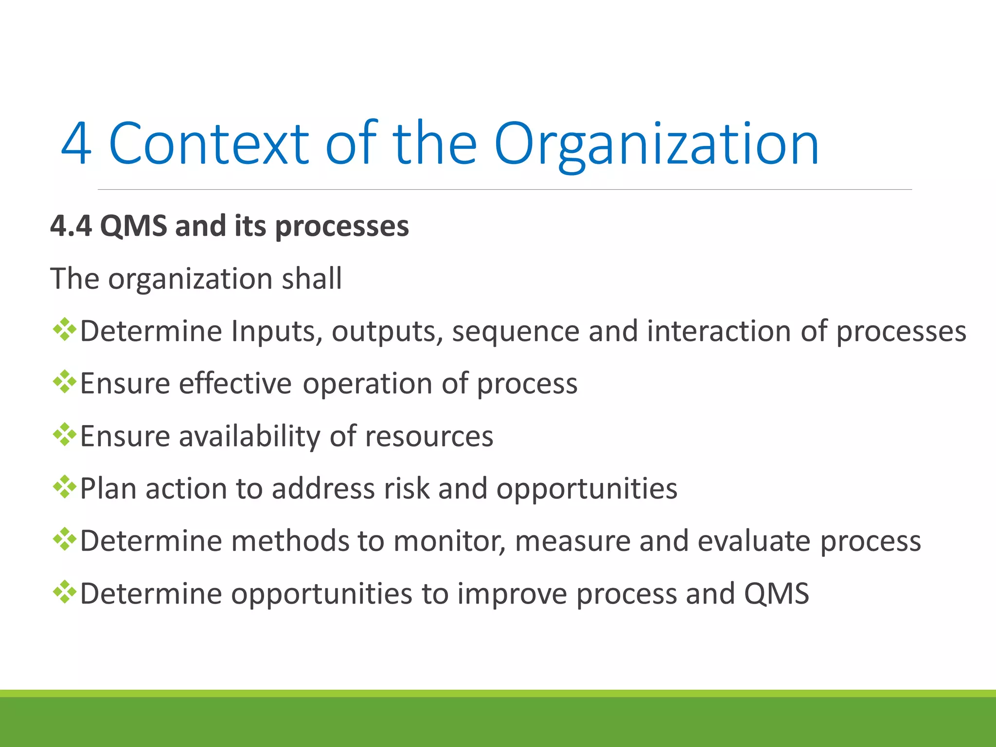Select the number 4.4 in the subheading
click(x=71, y=226)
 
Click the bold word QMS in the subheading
click(x=133, y=226)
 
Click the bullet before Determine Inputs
click(x=64, y=331)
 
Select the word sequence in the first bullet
click(x=516, y=332)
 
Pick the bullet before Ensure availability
click(x=64, y=435)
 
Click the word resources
click(x=429, y=436)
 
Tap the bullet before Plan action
click(x=64, y=487)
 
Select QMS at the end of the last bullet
click(x=776, y=594)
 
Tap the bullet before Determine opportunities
click(x=64, y=592)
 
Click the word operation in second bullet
click(x=368, y=384)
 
